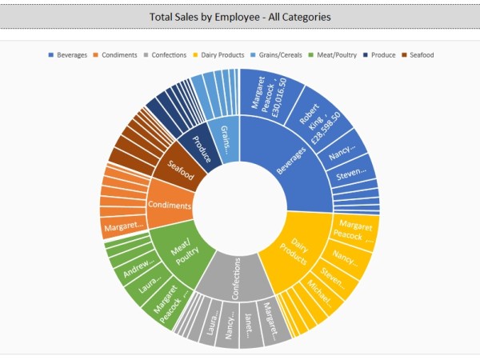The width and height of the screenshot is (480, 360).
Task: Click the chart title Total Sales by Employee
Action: (x=240, y=16)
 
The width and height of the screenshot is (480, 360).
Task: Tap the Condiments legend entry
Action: (x=119, y=55)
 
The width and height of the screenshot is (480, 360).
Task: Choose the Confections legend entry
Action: (x=167, y=55)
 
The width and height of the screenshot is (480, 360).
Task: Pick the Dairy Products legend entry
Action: (x=219, y=55)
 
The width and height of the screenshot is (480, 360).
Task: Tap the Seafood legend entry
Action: (x=421, y=55)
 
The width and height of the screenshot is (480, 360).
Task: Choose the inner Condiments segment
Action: (x=170, y=206)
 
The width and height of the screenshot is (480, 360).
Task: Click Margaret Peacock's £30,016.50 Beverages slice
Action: (x=270, y=96)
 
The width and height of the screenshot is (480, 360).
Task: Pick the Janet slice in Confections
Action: (x=249, y=324)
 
